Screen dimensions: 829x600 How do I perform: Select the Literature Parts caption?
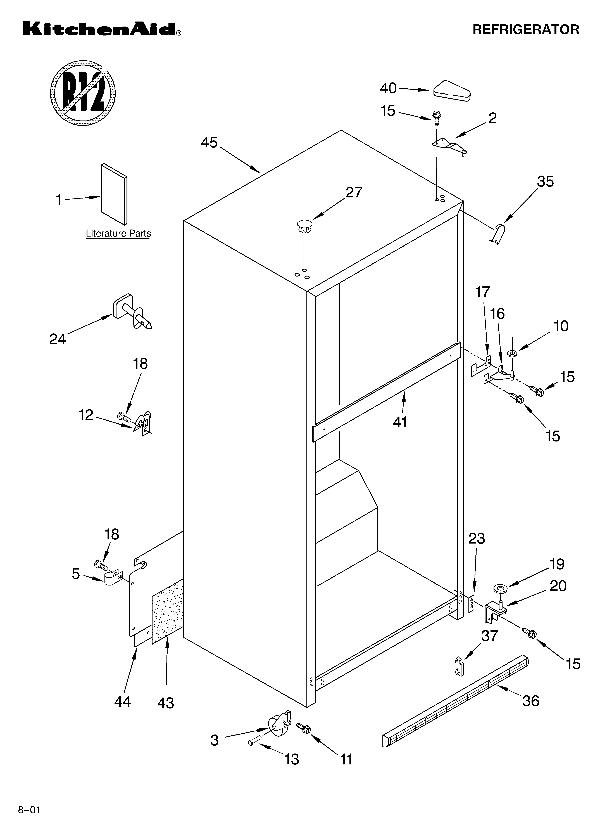118,233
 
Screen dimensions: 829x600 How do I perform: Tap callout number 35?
545,182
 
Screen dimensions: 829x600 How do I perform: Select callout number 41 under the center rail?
400,422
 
